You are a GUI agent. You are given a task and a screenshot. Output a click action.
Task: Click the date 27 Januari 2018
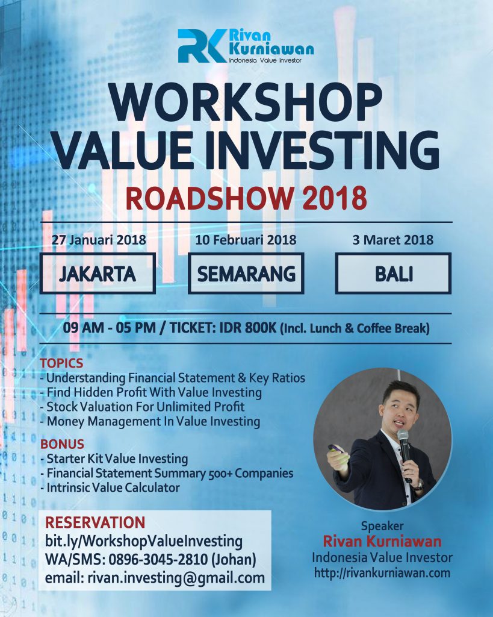[99, 240]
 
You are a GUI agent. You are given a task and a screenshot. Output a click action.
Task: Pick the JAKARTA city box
[98, 274]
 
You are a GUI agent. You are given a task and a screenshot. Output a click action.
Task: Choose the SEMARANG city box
[246, 274]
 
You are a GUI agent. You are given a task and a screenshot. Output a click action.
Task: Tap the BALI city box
[394, 274]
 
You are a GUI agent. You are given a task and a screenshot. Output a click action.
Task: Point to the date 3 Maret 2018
[392, 240]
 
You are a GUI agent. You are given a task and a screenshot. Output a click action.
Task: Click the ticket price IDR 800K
[248, 328]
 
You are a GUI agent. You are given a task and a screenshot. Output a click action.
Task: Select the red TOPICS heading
[61, 363]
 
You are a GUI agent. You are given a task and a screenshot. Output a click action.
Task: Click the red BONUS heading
[62, 444]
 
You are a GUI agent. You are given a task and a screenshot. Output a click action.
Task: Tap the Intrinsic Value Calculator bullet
[110, 488]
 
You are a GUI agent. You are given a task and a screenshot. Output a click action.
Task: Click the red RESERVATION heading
[95, 522]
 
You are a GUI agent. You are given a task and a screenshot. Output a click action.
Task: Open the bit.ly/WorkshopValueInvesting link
[143, 542]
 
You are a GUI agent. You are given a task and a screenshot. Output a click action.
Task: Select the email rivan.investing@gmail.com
[176, 578]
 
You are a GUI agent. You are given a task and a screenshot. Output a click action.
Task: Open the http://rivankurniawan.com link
[382, 573]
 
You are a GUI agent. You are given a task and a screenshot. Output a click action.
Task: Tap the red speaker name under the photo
[382, 542]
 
